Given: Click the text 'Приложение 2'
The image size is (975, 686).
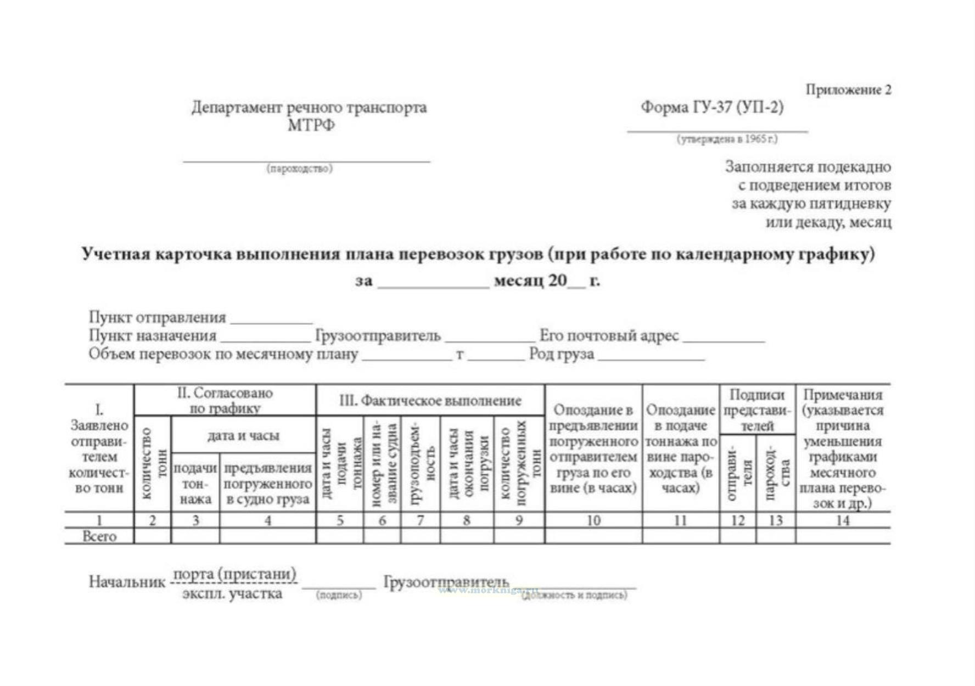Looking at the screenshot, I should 848,90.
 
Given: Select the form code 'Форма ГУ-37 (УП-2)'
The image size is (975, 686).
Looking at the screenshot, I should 712,107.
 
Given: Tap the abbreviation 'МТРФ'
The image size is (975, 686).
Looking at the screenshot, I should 311,125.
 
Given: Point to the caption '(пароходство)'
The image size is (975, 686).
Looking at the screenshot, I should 300,168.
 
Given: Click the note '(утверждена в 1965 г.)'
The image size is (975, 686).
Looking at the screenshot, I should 727,139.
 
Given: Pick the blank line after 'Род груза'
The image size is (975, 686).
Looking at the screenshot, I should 651,358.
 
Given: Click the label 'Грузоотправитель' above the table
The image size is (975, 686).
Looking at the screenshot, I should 378,335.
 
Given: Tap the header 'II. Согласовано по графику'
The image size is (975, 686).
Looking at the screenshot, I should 225,400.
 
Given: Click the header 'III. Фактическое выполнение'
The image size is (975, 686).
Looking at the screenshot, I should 430,401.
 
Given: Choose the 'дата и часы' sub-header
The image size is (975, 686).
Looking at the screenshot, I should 243,436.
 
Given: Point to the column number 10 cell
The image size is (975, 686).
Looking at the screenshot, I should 593,520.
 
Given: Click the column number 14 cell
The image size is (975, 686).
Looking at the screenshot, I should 842,520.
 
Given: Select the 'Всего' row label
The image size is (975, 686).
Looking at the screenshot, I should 99,536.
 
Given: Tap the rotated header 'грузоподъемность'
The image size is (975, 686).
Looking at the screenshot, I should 421,464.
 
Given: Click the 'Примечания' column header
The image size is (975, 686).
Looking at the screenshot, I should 842,394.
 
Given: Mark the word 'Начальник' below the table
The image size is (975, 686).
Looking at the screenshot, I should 127,582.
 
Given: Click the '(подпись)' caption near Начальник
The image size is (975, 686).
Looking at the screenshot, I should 339,595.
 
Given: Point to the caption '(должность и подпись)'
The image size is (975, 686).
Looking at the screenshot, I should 574,595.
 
